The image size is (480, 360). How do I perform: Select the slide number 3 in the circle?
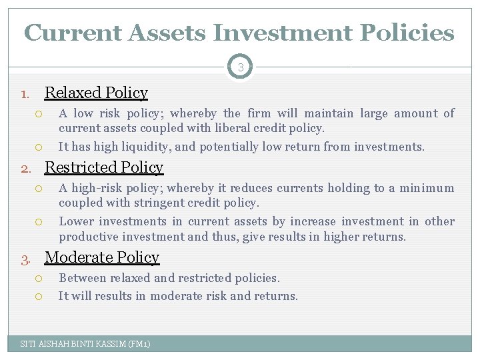pos(239,67)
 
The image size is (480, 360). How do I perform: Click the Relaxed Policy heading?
pos(96,93)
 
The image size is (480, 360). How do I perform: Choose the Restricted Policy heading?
pos(103,167)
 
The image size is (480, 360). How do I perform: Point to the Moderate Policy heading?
pos(101,257)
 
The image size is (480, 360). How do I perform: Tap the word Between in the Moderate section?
pos(81,278)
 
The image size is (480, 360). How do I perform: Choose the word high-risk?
pos(95,189)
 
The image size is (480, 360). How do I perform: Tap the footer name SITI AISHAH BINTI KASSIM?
pos(71,344)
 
